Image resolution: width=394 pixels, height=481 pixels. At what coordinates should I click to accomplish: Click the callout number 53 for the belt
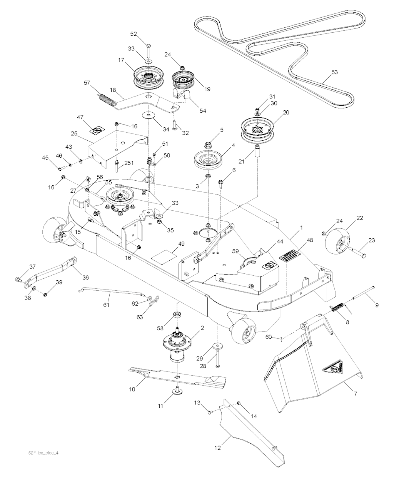(334, 72)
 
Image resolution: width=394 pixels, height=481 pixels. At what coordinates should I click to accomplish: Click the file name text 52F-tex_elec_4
(41, 453)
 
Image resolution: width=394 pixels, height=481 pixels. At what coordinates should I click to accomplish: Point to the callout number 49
(181, 244)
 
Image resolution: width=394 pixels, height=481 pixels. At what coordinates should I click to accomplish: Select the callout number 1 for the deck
(301, 228)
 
